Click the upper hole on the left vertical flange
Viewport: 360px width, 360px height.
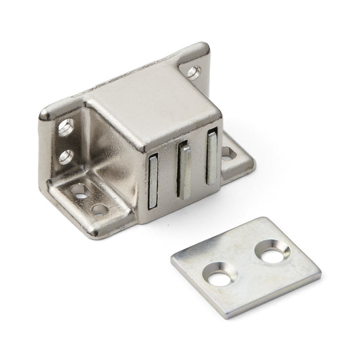click(68, 126)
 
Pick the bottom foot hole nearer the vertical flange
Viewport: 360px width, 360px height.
click(82, 190)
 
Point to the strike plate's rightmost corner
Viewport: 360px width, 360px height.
click(320, 278)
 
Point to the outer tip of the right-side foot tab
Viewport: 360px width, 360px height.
click(254, 162)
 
